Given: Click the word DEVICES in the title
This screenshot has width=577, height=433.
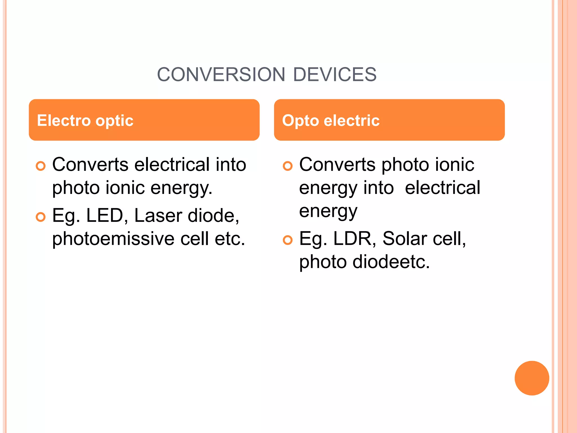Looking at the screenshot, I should pos(335,75).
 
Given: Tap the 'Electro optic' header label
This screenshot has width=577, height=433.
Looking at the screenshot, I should pos(85,121).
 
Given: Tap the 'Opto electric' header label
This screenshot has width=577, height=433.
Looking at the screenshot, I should pos(331,121).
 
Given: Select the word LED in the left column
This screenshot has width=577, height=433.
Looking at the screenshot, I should pos(105,216).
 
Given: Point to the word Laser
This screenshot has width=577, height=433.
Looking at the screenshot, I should pos(158,216).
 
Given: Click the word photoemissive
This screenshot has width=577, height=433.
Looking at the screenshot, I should pos(113,239).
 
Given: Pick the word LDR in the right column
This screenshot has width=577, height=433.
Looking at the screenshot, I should pos(352,239).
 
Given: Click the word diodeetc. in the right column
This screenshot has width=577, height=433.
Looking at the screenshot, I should pos(391,262).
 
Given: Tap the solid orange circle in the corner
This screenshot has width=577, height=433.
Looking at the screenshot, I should pos(532,378).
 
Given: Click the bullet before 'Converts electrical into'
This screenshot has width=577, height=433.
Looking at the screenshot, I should pos(41,166).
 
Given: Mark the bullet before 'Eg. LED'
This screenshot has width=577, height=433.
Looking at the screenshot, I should pos(41,217).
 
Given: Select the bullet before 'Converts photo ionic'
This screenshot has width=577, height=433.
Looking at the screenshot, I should pos(288,166).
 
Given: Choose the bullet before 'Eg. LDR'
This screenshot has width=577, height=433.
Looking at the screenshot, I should pos(288,240).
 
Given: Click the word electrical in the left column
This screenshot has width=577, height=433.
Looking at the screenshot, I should pos(172,165).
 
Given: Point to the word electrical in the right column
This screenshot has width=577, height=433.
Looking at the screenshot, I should pos(442,188).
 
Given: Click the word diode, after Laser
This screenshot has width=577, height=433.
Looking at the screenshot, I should pos(213,216).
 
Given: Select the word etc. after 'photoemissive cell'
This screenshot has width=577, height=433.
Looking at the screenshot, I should pos(230,239).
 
